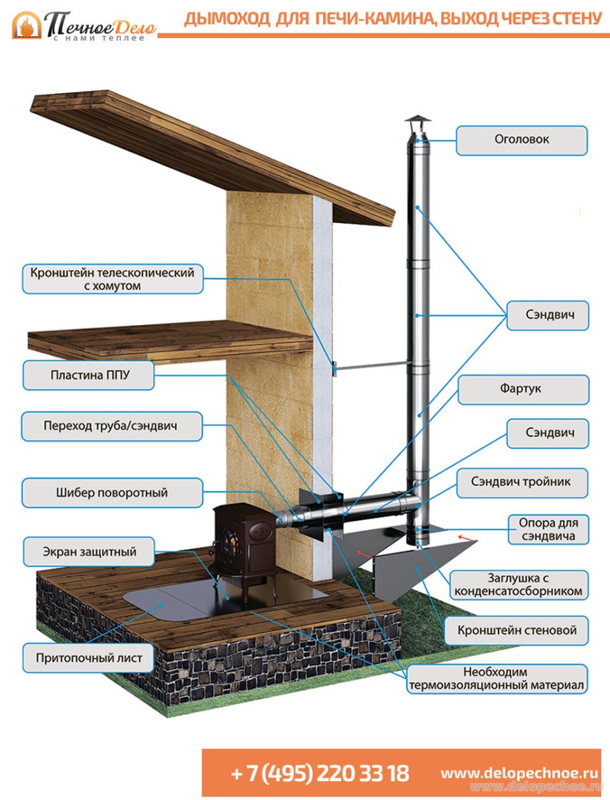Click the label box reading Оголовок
tap(522, 140)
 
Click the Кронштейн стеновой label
tap(517, 630)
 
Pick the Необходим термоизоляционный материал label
tap(497, 679)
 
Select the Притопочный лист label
tap(89, 658)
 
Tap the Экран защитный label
tap(89, 552)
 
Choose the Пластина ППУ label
tap(89, 375)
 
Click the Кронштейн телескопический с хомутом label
tap(112, 279)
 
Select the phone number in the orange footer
tap(320, 773)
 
